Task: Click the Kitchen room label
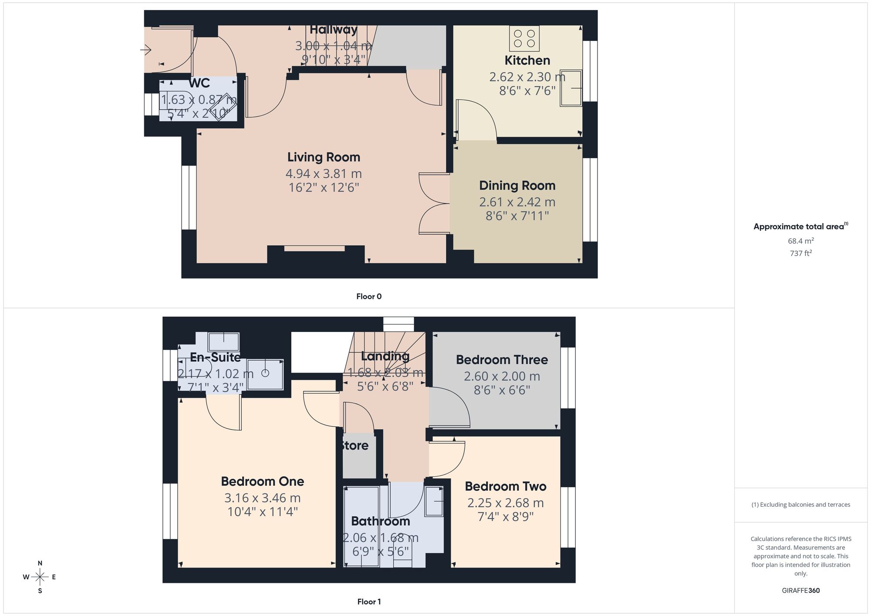pos(527,60)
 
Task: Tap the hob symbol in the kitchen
pos(524,38)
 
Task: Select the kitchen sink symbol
pos(571,88)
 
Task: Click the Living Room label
pos(324,157)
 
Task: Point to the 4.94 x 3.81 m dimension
pos(324,174)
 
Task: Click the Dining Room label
pos(517,186)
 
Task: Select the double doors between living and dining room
pos(434,203)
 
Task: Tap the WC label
pos(199,83)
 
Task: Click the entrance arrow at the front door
pos(145,51)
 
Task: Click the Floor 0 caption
pos(369,297)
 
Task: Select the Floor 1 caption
pos(369,602)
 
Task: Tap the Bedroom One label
pos(262,481)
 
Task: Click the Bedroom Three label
pos(502,360)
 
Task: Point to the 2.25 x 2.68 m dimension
pos(505,503)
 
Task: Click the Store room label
pos(355,446)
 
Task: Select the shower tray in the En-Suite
pos(265,373)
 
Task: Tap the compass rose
pos(40,577)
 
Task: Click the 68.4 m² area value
pos(800,241)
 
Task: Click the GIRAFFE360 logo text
pos(800,591)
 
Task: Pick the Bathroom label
pos(380,521)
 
